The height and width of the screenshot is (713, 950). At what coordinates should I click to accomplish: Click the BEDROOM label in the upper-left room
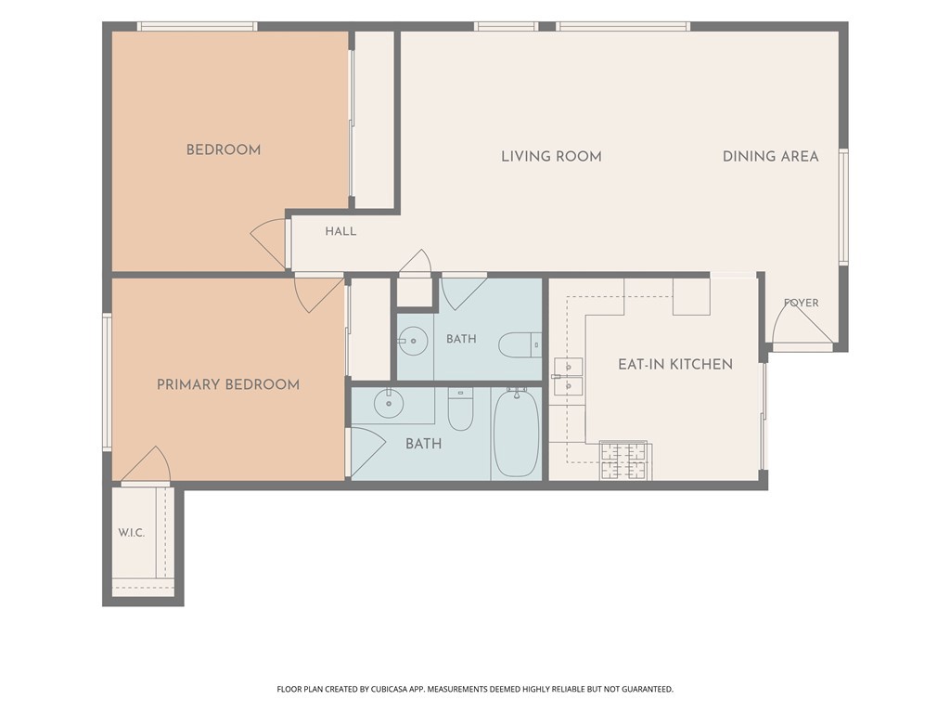(x=224, y=149)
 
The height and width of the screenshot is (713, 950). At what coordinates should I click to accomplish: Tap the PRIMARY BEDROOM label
(x=228, y=384)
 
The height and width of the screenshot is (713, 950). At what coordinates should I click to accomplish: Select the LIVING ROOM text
(x=551, y=156)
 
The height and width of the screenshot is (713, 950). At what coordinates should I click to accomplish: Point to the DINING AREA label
(x=771, y=156)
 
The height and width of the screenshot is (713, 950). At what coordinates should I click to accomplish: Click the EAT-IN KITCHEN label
(x=675, y=364)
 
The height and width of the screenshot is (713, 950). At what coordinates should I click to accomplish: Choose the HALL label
(x=340, y=231)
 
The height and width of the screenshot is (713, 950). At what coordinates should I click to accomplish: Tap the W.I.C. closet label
(x=132, y=533)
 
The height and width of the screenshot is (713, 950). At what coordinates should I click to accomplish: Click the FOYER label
(x=801, y=303)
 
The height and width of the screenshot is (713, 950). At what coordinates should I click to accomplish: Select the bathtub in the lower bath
(x=516, y=434)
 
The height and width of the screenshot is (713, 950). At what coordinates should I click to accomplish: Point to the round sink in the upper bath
(x=414, y=341)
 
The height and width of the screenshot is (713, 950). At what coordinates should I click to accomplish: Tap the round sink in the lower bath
(x=389, y=403)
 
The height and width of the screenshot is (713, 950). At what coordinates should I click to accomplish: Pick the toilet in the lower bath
(x=460, y=408)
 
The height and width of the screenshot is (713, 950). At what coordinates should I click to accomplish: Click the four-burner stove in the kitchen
(x=623, y=460)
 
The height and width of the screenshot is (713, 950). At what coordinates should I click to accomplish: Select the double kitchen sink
(x=568, y=377)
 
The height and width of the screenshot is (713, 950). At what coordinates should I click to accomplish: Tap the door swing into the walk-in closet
(x=146, y=464)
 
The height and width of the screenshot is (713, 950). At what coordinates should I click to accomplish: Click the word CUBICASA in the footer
(x=387, y=689)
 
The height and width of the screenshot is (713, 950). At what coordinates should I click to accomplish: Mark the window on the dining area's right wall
(x=842, y=207)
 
